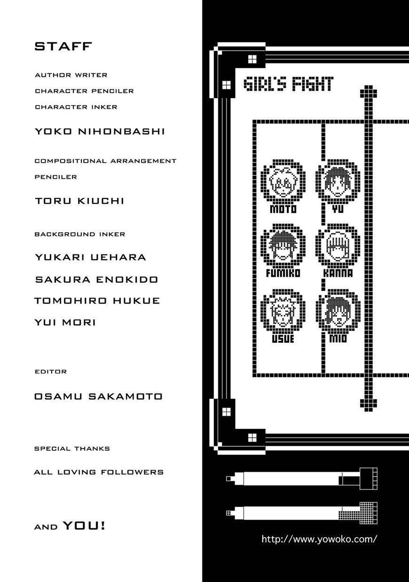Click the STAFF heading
tap(63, 46)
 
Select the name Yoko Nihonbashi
tap(100, 131)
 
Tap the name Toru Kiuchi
tap(79, 201)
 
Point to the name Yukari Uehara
tap(90, 257)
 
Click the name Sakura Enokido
tap(96, 279)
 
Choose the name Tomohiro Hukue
tap(97, 300)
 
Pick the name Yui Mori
tap(65, 322)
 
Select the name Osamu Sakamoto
tap(98, 396)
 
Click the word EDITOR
tap(51, 371)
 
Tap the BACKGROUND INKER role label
tap(80, 234)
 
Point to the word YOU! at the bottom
tap(84, 526)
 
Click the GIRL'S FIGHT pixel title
tap(289, 84)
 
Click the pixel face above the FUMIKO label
tap(283, 245)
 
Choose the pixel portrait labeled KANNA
tap(338, 245)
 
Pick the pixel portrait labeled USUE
tap(283, 311)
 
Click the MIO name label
tap(338, 338)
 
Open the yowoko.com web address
tap(319, 539)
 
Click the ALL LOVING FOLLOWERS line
tap(99, 472)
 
